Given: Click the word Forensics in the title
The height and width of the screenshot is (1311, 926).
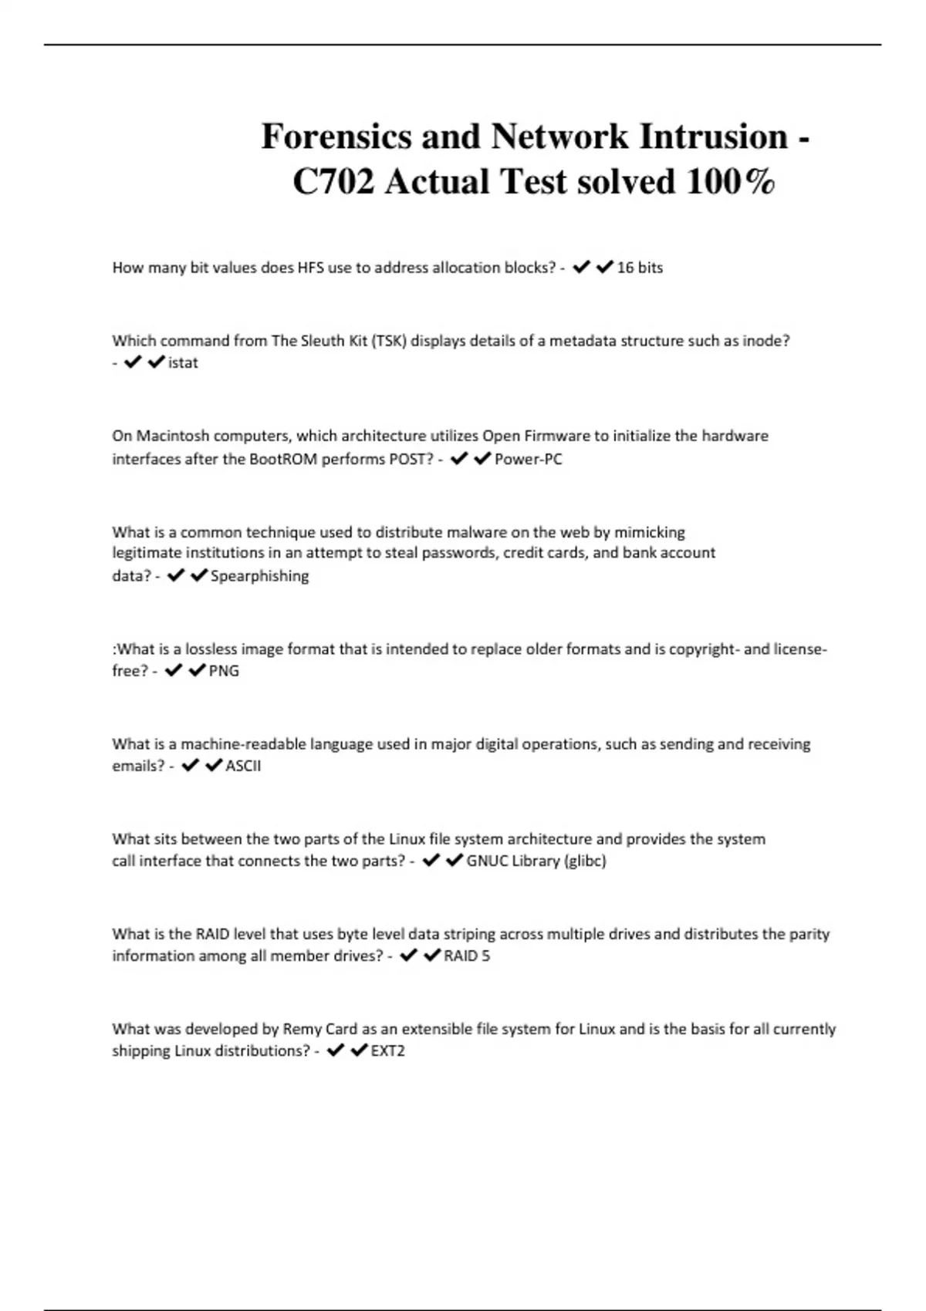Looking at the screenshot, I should coord(336,137).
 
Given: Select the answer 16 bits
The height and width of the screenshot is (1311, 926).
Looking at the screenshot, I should coord(640,268).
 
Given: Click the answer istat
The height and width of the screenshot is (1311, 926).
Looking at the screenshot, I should coord(183,362).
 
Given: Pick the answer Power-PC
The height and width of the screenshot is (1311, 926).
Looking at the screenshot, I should coord(529,459).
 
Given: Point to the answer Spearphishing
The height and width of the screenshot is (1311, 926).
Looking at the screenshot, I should coord(259,576).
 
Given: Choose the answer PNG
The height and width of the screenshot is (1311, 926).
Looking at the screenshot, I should coord(224,671).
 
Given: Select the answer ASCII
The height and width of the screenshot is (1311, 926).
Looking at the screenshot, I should coord(243,766).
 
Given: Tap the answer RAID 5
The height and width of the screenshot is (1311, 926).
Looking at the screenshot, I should coord(467,955).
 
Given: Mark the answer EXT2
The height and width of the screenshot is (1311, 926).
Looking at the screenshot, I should coord(387,1050).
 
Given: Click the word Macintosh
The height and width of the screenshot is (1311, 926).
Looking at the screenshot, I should coord(173,436).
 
